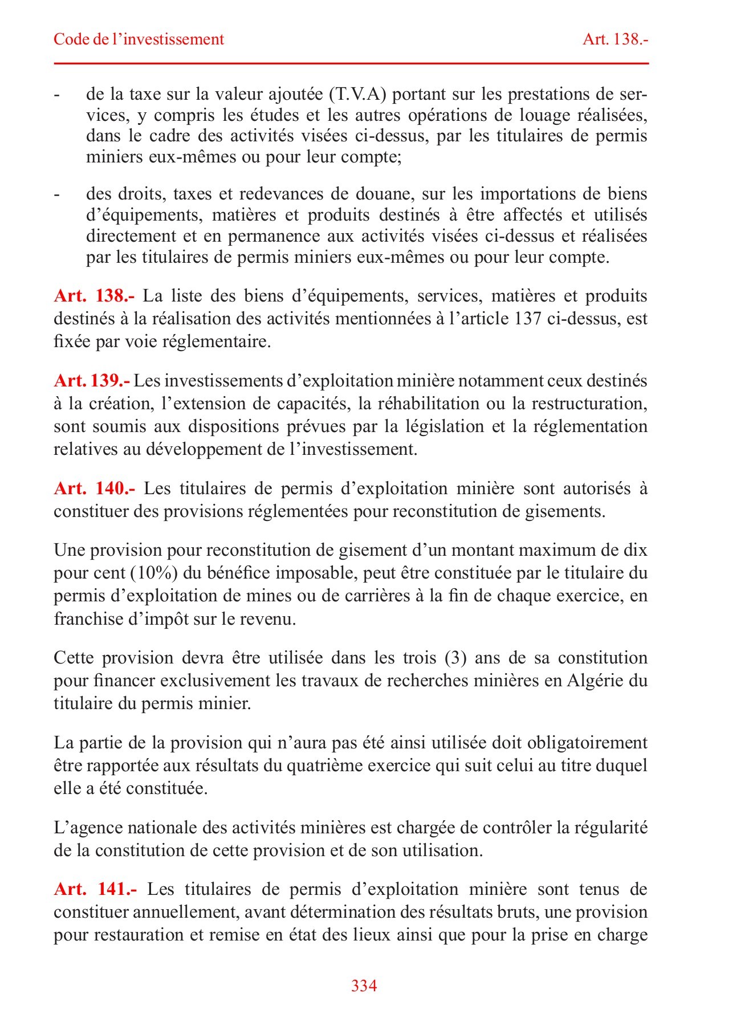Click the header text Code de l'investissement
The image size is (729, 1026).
(x=139, y=39)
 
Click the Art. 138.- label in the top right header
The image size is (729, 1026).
(x=616, y=39)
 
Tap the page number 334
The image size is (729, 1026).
(x=364, y=986)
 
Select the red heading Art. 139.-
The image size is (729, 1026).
(x=92, y=381)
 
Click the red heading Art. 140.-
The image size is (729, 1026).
(x=95, y=488)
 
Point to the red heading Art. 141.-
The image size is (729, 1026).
(x=95, y=889)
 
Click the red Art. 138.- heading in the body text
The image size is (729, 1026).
(x=95, y=296)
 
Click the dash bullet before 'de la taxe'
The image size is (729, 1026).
(x=57, y=95)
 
